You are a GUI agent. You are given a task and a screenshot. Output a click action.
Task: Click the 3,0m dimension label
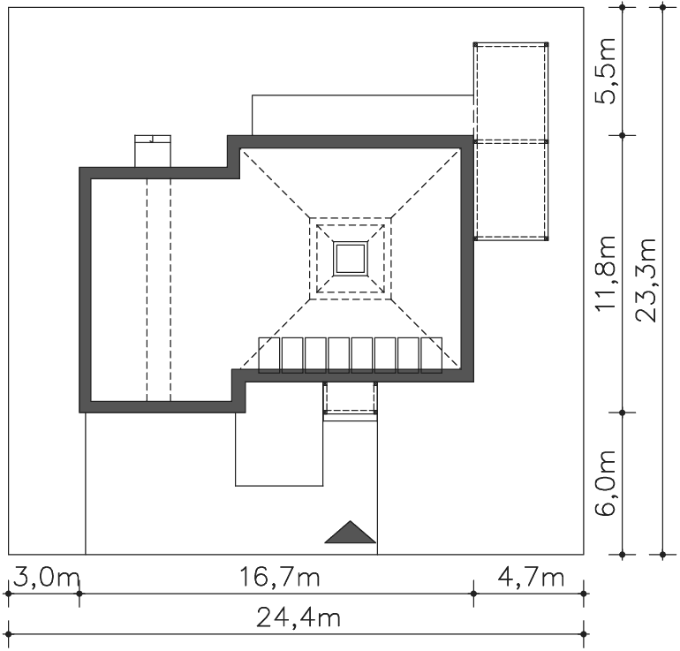(x=47, y=578)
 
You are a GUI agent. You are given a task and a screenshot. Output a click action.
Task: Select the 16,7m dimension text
(x=280, y=578)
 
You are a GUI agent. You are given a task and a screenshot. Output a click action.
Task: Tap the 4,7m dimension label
(x=531, y=578)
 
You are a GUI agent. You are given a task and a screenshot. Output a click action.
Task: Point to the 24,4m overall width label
(x=298, y=617)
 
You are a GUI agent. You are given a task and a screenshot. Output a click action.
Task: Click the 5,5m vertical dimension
(x=606, y=72)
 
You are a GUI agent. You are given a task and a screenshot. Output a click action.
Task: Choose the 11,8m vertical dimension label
(x=606, y=273)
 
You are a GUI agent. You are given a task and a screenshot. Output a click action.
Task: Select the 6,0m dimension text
(x=606, y=482)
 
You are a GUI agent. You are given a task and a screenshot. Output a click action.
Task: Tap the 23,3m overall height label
(x=646, y=280)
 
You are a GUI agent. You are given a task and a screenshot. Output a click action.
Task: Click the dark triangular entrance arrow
(x=351, y=532)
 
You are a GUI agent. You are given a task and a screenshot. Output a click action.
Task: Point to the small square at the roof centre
(x=351, y=259)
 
